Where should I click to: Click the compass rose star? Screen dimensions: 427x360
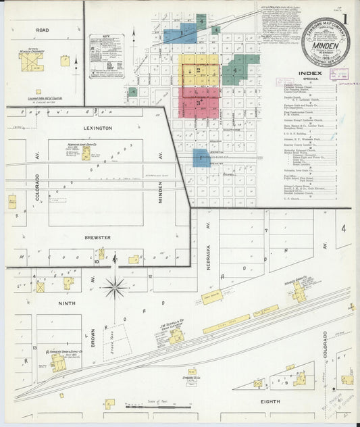(x=115, y=288)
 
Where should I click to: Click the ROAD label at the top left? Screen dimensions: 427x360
(x=42, y=30)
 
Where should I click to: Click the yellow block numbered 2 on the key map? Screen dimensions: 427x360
(x=198, y=70)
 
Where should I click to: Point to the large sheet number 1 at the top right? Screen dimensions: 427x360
(x=345, y=20)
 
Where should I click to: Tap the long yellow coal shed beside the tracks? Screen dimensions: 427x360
(x=226, y=325)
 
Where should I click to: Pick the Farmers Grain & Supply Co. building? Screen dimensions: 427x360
(x=58, y=363)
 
